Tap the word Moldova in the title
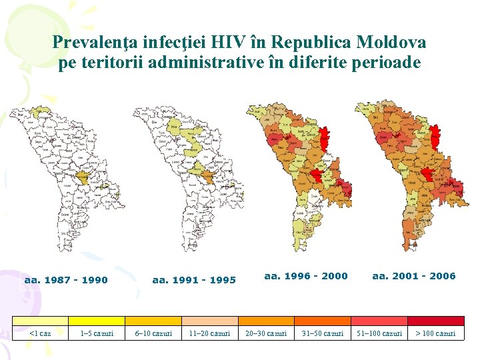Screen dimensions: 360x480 (x=391, y=43)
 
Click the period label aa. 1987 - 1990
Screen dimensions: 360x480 (x=66, y=280)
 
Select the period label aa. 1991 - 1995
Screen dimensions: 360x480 (x=194, y=280)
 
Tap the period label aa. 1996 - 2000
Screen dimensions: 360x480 (x=306, y=276)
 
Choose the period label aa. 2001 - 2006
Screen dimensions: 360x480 (x=413, y=276)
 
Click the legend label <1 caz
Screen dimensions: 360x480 (x=40, y=333)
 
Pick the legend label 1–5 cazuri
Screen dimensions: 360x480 (x=97, y=333)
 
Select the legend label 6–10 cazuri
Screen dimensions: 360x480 (x=153, y=333)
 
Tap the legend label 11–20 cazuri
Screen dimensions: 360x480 (x=209, y=333)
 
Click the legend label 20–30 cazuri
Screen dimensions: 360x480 (x=266, y=333)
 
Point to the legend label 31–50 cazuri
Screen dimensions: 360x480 (x=323, y=333)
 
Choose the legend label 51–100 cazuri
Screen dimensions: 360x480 (x=379, y=333)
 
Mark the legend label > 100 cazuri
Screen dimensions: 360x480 (x=436, y=333)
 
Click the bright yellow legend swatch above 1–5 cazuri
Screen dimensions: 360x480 (x=97, y=321)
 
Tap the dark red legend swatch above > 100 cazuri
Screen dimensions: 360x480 (x=436, y=321)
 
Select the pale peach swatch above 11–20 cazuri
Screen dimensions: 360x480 (x=209, y=321)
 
